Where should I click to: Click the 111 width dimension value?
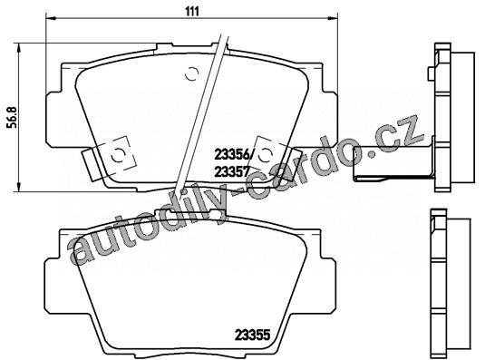coord(192,12)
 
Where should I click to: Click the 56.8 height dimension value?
coord(14,117)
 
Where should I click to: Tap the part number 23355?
coord(253,335)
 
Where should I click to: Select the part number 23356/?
coord(234,155)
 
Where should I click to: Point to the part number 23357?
coord(232,171)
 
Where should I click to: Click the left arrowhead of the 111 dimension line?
coord(51,18)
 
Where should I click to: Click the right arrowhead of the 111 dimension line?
coord(333,18)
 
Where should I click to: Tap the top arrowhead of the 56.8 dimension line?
coord(19,48)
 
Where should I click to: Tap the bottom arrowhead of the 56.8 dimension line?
coord(19,187)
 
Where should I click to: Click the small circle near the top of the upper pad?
coord(191,73)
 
